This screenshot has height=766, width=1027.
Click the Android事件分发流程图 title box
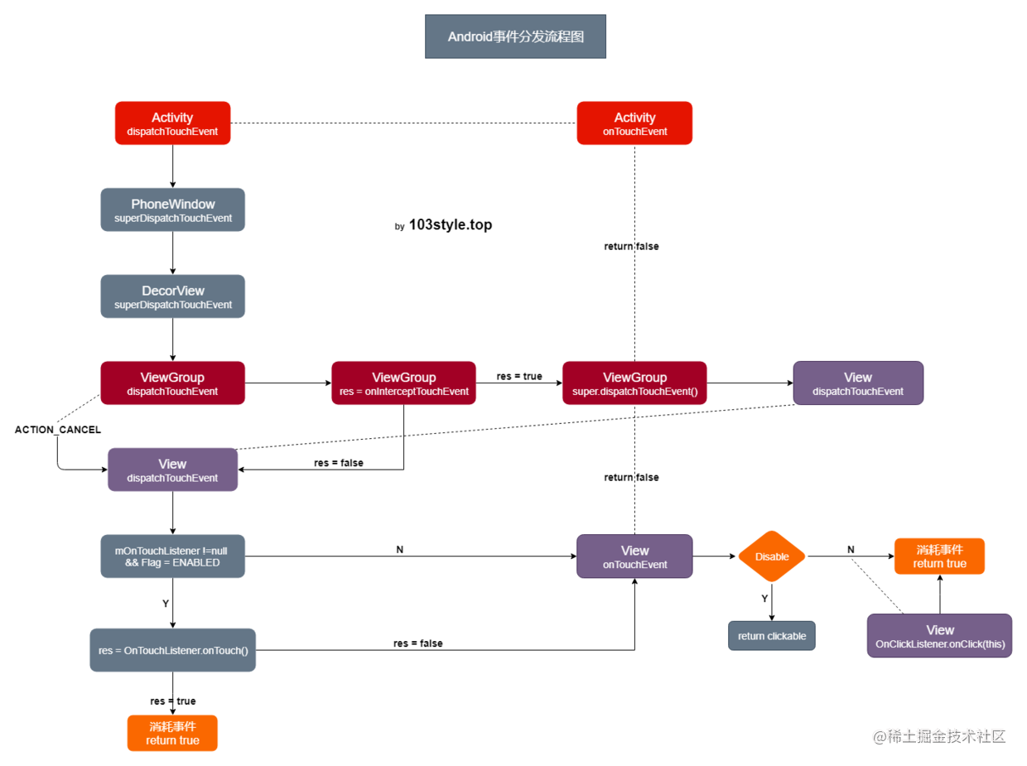click(515, 36)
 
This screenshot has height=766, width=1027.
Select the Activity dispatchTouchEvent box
click(172, 123)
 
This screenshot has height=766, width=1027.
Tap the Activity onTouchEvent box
click(634, 123)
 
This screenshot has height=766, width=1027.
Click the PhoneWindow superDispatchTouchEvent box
click(172, 210)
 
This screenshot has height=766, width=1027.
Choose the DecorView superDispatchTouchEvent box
click(172, 296)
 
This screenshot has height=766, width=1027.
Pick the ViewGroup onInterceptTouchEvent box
click(403, 383)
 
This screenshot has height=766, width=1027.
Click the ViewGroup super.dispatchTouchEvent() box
click(634, 383)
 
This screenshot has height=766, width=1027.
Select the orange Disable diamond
click(772, 556)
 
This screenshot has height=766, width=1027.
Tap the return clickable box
click(772, 635)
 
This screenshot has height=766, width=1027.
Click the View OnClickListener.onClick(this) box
click(939, 635)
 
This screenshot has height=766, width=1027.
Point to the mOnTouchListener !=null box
click(172, 556)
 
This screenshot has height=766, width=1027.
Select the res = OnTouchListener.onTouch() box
click(172, 650)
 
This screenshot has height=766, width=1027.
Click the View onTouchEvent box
click(634, 556)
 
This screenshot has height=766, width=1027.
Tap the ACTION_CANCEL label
click(57, 429)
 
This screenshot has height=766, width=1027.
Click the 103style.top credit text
click(450, 224)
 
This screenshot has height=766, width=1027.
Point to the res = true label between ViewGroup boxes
click(518, 376)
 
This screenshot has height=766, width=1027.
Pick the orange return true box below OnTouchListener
click(172, 733)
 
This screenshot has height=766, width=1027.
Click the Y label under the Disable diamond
click(764, 598)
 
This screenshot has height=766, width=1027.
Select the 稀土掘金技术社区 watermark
click(939, 736)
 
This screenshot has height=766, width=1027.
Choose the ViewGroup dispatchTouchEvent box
click(172, 383)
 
